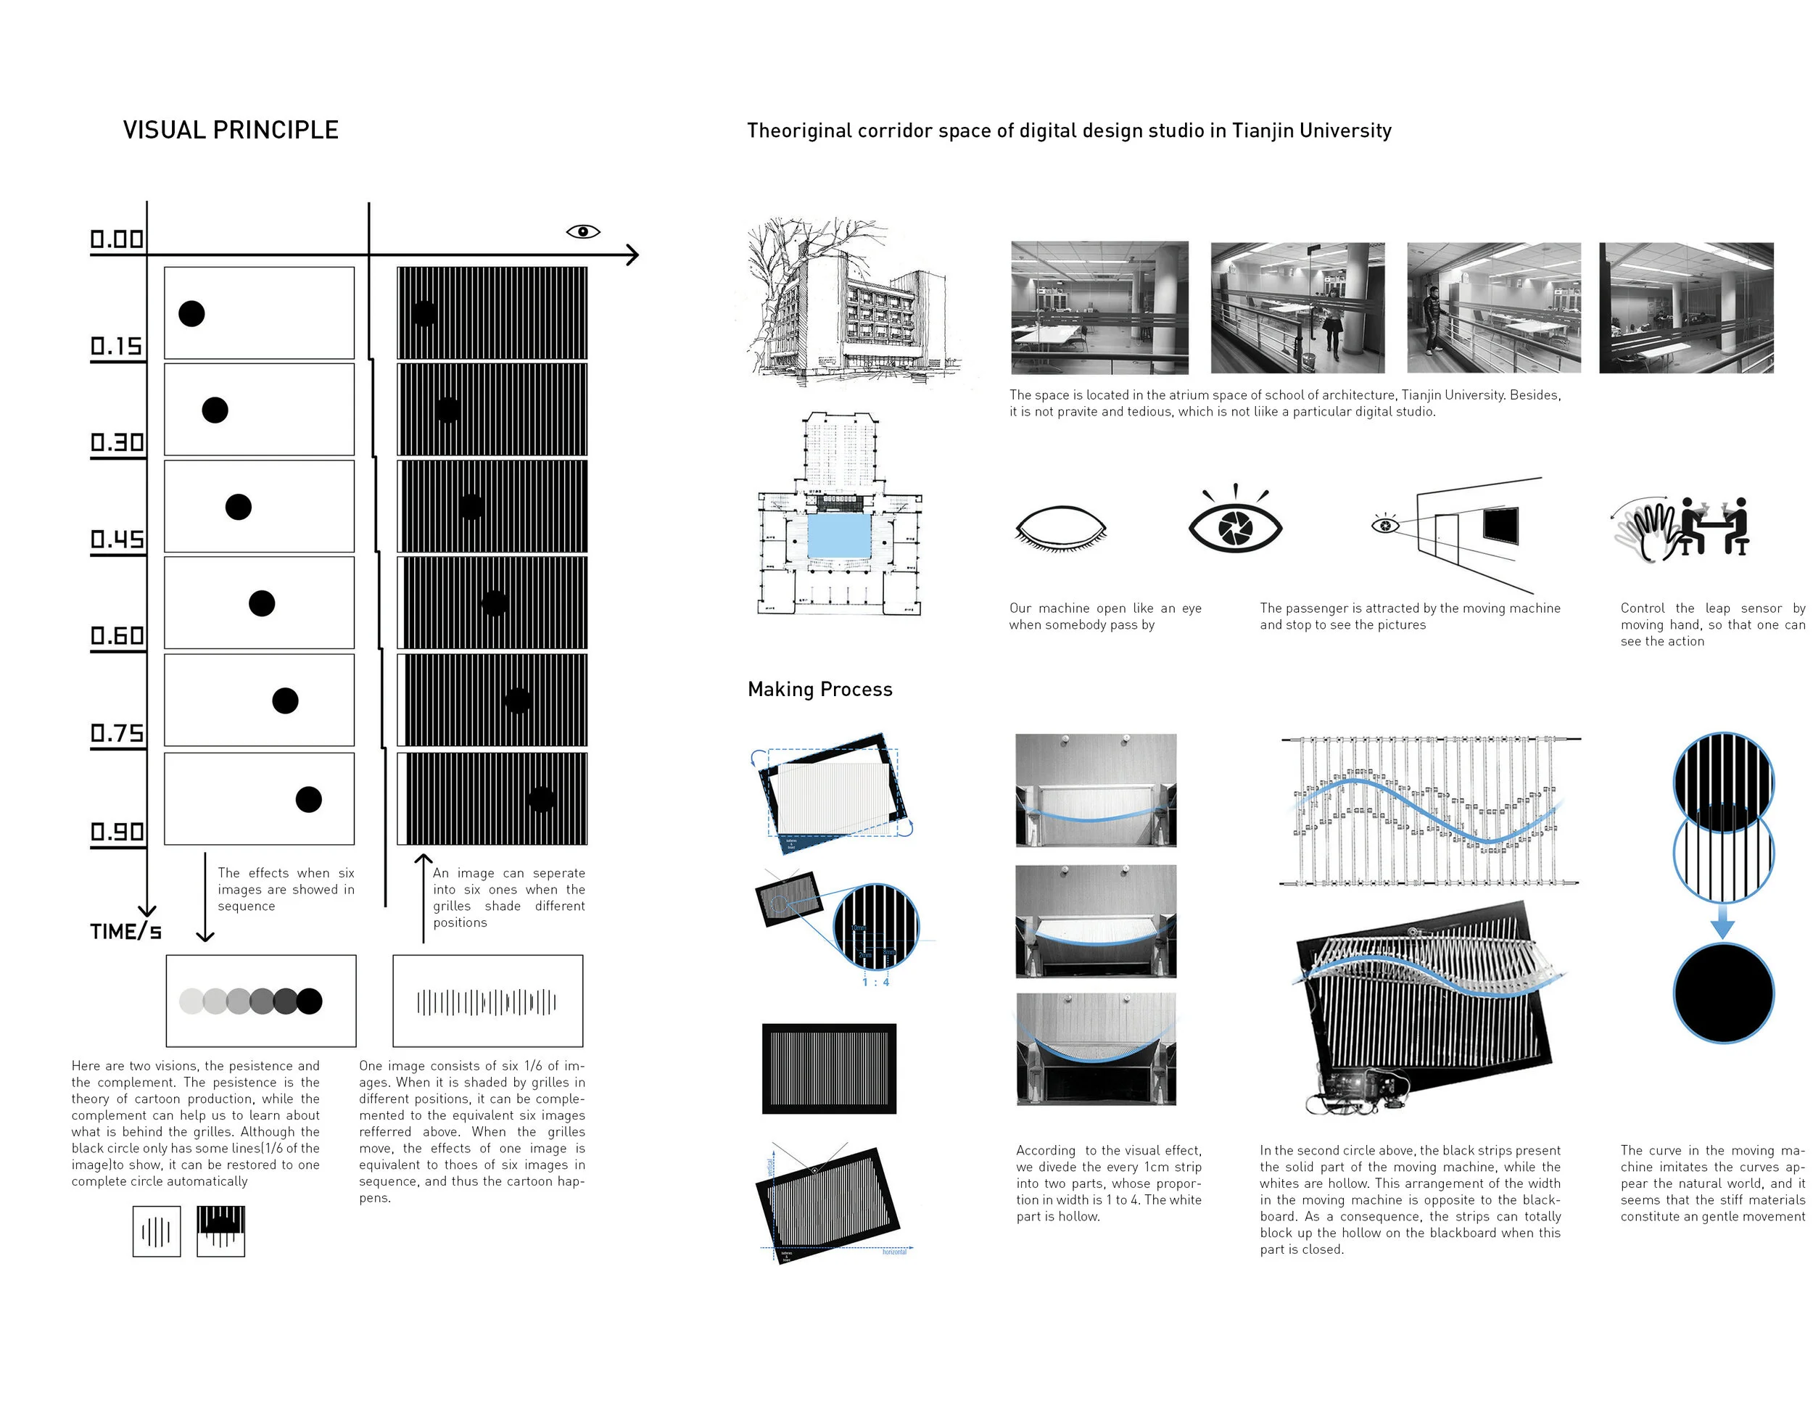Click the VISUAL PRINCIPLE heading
click(x=230, y=131)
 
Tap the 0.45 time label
click(x=117, y=540)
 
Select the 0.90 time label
click(x=117, y=832)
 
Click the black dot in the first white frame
click(x=191, y=314)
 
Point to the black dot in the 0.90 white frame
click(x=308, y=799)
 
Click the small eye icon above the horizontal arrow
click(x=583, y=231)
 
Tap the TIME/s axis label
click(x=125, y=932)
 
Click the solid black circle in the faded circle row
click(x=309, y=1001)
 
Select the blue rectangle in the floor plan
click(x=839, y=535)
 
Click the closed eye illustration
click(x=1061, y=529)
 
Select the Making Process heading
click(x=819, y=690)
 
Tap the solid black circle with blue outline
click(x=1723, y=993)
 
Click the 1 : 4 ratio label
click(x=875, y=983)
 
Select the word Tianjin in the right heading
click(x=1262, y=131)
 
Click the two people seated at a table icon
click(x=1714, y=527)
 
